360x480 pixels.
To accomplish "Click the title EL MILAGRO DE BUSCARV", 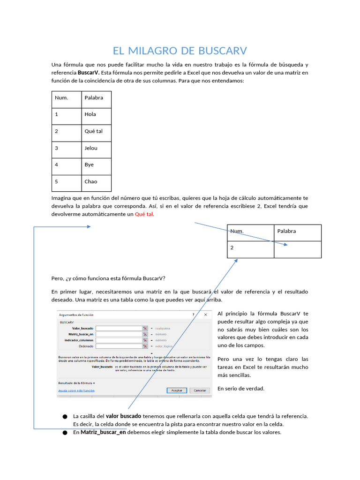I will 180,51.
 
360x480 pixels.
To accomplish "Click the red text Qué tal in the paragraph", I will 144,214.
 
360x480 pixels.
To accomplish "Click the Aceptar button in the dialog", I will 177,390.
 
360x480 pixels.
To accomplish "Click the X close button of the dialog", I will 205,315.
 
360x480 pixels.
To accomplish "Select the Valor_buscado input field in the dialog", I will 118,329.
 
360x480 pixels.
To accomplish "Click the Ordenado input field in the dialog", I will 118,346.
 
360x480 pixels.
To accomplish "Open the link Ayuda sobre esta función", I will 76,390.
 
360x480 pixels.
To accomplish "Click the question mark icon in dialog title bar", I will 193,315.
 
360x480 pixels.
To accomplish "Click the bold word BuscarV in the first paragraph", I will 88,73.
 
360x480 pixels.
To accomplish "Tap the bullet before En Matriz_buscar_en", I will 65,433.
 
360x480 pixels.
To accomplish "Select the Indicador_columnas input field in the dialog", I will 118,340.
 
